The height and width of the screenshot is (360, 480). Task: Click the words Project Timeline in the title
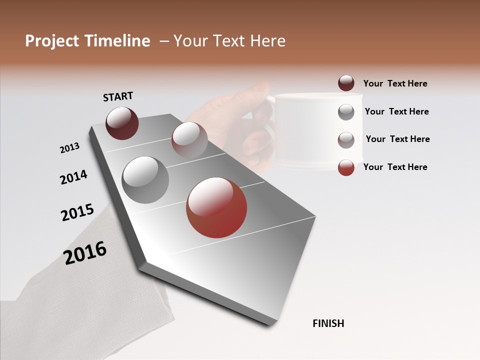(x=87, y=41)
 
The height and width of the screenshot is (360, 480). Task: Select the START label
(x=118, y=96)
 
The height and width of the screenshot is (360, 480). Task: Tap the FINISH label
(x=328, y=323)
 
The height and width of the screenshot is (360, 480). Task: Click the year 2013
(x=70, y=148)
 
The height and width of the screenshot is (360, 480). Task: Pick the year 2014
(x=73, y=177)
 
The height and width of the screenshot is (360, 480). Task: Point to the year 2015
(x=77, y=212)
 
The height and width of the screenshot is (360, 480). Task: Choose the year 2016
(x=85, y=253)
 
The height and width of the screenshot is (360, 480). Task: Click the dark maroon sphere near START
(x=122, y=123)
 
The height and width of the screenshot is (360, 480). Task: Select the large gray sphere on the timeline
(x=145, y=179)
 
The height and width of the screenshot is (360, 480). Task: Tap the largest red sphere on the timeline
(x=216, y=207)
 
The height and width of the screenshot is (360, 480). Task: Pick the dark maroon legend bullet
(x=346, y=83)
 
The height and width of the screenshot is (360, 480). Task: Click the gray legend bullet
(x=346, y=112)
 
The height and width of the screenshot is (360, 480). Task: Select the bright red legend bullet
(x=346, y=167)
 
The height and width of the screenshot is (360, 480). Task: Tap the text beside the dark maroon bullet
(x=395, y=83)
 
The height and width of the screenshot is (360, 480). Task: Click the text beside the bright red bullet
(x=395, y=167)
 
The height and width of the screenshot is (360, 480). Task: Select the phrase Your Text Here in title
(x=229, y=41)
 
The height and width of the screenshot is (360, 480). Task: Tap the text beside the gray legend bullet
(x=396, y=111)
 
